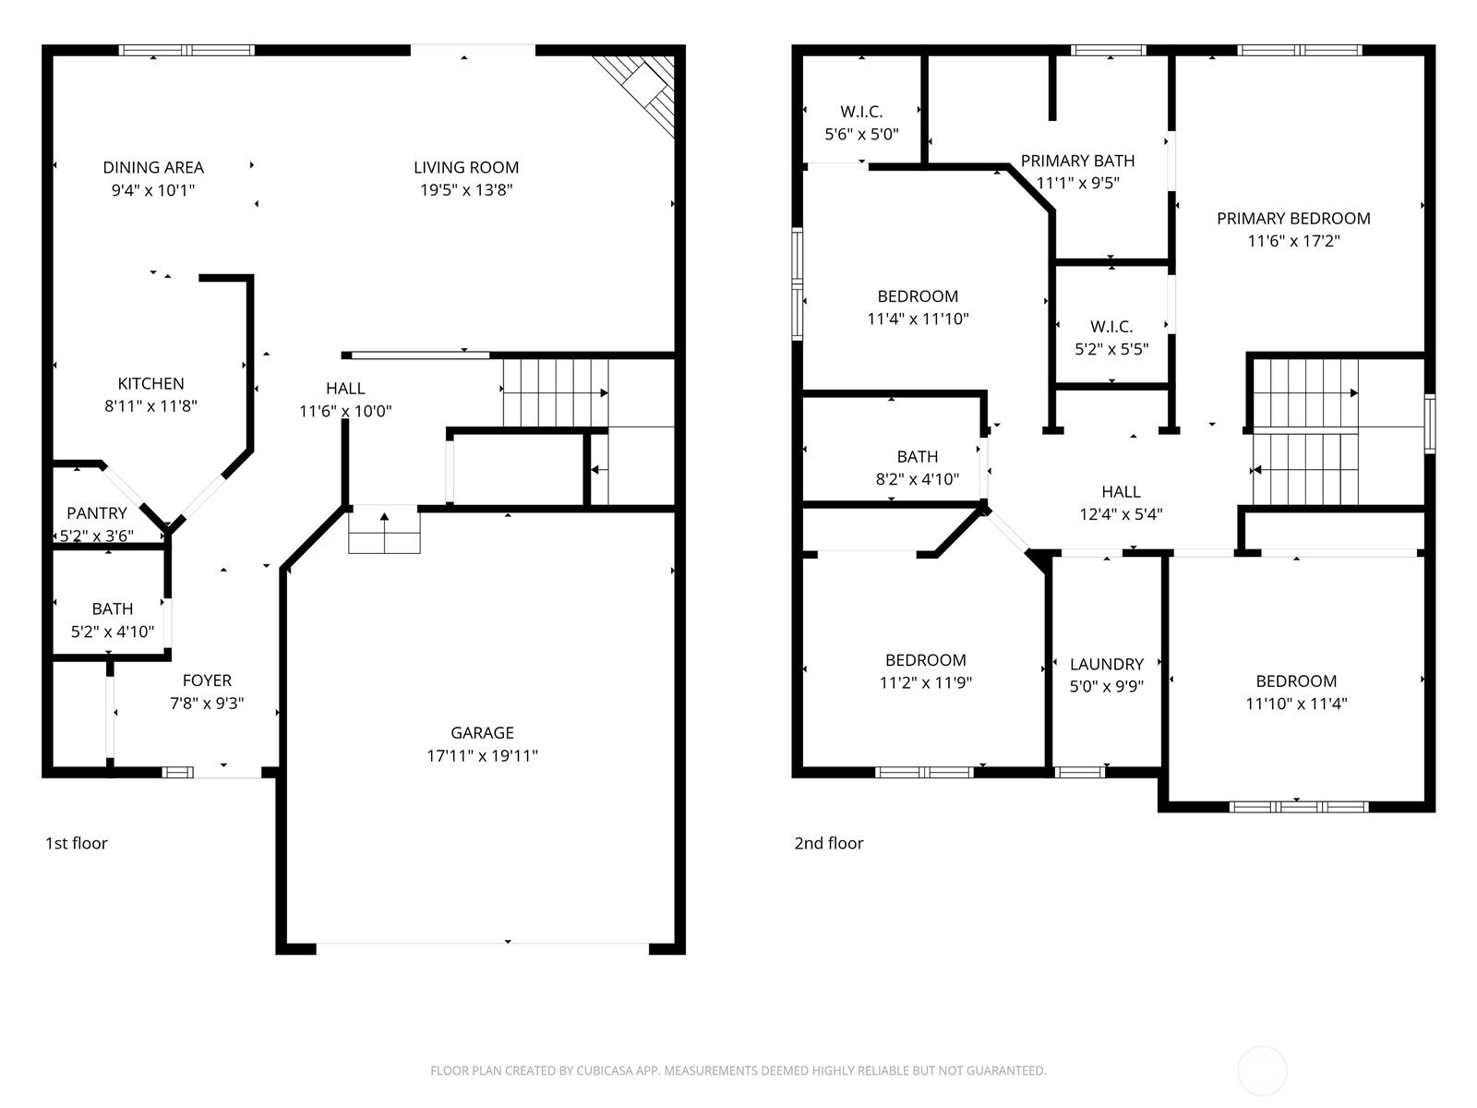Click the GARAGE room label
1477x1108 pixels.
482,732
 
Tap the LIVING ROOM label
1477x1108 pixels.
465,167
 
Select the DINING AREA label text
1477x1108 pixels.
152,167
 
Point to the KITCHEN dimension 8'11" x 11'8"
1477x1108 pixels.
150,405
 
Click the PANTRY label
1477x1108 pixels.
97,513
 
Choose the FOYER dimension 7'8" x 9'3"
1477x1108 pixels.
207,703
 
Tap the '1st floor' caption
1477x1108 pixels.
76,844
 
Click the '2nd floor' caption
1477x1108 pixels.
828,844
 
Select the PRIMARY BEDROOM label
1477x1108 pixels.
1293,219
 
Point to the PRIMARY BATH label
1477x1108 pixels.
1077,161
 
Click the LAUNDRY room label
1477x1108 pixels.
1106,664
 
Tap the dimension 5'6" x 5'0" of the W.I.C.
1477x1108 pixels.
861,135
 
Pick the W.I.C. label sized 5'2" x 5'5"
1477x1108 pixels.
1111,327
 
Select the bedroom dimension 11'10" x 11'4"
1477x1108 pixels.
1296,704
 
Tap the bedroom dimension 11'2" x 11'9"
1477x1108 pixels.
925,683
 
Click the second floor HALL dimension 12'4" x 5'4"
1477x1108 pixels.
1121,514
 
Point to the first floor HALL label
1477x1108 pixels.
345,388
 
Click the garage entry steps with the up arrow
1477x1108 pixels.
384,529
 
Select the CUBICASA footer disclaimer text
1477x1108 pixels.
738,1069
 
